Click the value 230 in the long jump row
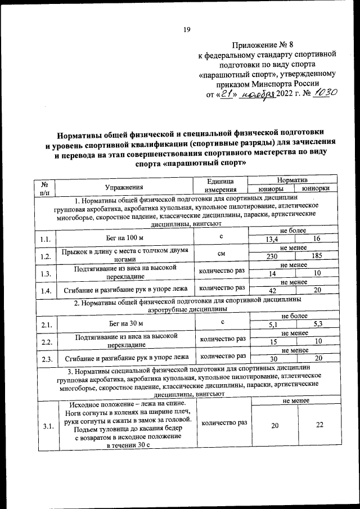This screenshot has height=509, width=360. [x=274, y=256]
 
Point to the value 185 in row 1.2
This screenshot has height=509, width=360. [x=317, y=256]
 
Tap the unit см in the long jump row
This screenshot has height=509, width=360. [x=222, y=254]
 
